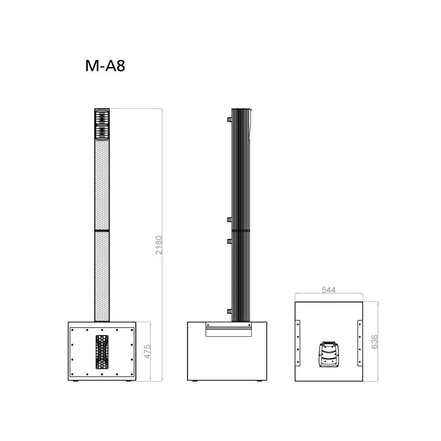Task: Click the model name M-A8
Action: tap(105, 66)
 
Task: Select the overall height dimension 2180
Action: tap(159, 245)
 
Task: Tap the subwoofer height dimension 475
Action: tap(148, 351)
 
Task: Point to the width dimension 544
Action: tap(329, 290)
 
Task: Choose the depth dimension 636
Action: tap(374, 342)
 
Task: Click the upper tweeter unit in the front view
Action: tap(102, 118)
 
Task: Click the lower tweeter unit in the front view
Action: tap(102, 132)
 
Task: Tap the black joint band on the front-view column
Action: tap(102, 230)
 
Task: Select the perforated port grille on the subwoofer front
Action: tap(102, 352)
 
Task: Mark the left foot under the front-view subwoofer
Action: tap(75, 381)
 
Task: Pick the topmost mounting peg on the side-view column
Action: tap(229, 120)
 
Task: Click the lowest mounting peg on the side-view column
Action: tap(229, 311)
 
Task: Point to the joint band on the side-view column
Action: tap(241, 230)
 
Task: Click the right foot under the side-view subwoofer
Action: tap(260, 381)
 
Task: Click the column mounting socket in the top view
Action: tap(329, 354)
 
